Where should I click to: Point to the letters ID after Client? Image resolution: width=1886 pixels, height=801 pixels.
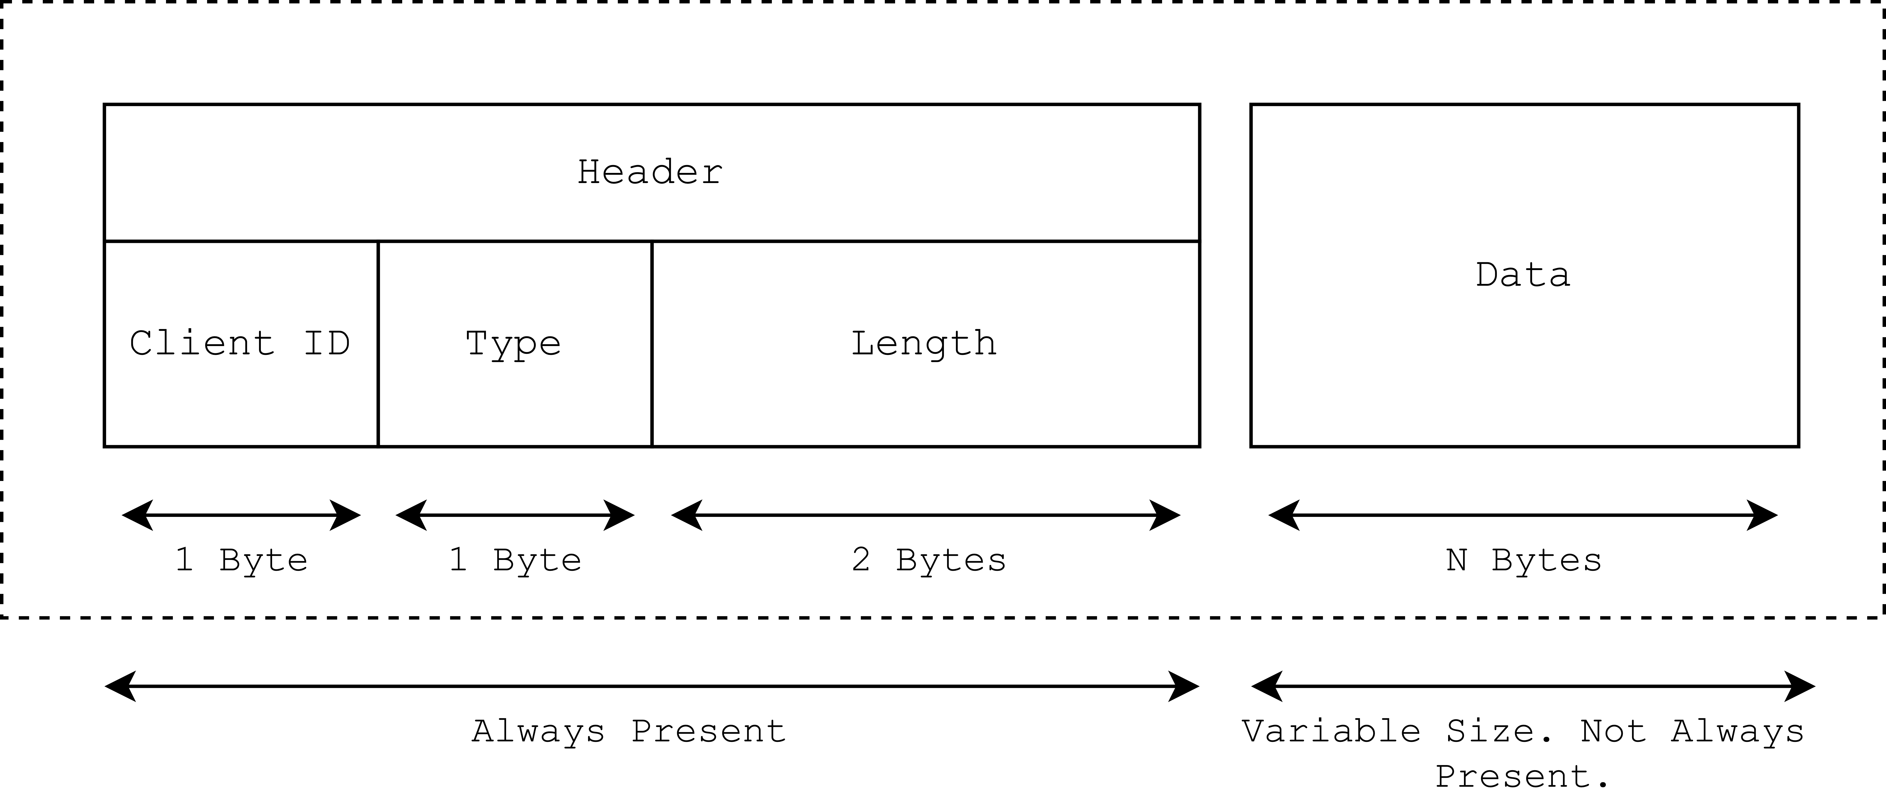pos(326,343)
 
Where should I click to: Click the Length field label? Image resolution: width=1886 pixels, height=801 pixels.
pos(924,343)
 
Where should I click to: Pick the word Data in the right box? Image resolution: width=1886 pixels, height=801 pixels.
pos(1523,275)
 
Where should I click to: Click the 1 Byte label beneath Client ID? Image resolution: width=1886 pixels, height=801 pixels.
pos(241,560)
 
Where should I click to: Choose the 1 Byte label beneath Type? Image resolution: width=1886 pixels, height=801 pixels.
pos(515,560)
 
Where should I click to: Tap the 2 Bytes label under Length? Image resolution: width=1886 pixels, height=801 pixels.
pos(928,560)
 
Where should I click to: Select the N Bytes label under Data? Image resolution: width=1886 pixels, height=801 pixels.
pos(1524,560)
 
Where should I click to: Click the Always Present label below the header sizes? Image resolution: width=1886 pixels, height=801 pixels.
pos(630,731)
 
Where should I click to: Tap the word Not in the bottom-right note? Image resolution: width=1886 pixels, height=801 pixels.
pos(1613,731)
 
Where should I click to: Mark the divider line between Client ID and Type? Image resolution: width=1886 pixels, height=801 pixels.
pos(378,343)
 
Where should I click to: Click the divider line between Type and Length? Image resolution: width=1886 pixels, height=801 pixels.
pos(652,343)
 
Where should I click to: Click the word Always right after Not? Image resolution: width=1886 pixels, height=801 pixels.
pos(1737,731)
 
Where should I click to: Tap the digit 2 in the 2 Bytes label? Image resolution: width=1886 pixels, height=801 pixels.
pos(861,560)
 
